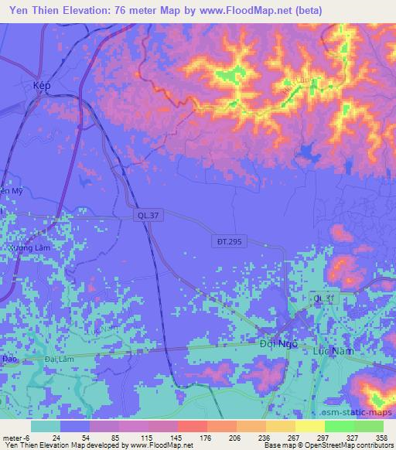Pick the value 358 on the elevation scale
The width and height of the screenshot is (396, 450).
(x=381, y=437)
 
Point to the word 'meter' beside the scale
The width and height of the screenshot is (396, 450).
(x=14, y=437)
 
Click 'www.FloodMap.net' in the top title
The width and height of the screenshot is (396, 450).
(x=236, y=10)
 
